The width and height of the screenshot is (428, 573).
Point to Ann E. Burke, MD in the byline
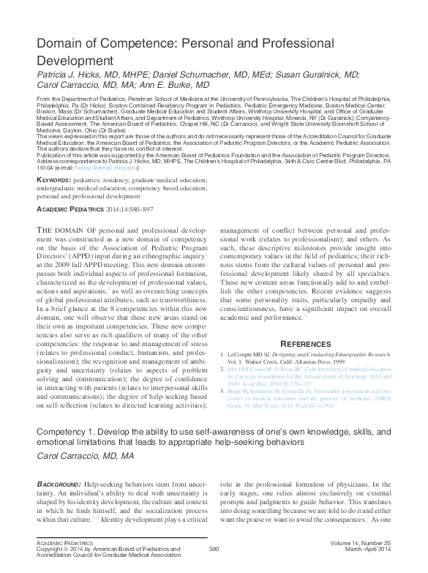click(x=174, y=86)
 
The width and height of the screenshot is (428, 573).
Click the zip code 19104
click(x=47, y=168)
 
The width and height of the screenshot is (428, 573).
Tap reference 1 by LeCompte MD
click(x=306, y=358)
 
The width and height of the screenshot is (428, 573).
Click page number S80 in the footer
click(x=214, y=548)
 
